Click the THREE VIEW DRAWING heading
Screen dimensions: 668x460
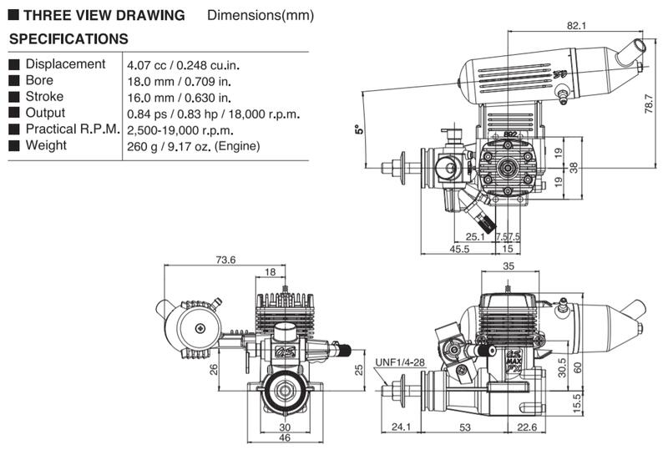104,16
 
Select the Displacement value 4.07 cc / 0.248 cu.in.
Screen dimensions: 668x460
183,65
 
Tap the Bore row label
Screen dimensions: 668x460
39,80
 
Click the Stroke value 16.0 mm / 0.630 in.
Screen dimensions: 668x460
179,98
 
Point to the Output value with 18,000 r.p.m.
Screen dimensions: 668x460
214,114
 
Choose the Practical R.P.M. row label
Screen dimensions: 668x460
73,129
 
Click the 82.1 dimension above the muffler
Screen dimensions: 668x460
576,26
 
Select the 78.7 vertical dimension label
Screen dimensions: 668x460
649,104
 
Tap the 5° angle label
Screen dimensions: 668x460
360,129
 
